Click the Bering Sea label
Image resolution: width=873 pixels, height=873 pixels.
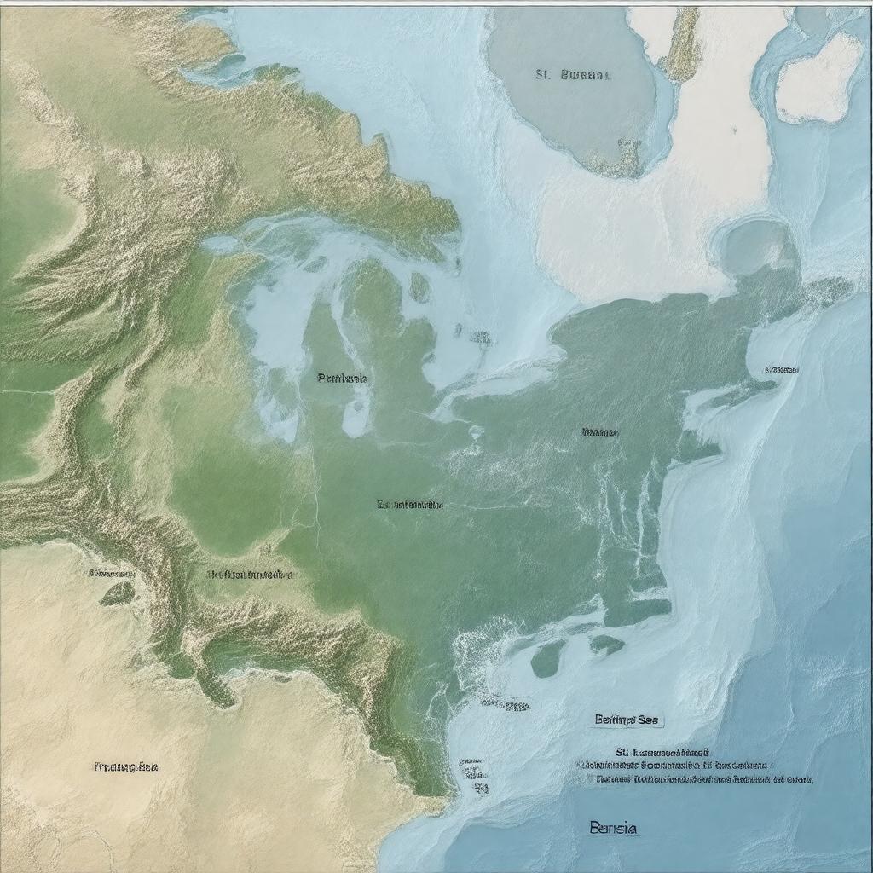(627, 720)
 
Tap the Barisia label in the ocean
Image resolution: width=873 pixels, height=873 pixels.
(612, 828)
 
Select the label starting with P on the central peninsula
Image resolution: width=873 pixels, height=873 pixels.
(342, 378)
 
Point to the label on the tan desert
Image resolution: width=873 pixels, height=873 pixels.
(125, 766)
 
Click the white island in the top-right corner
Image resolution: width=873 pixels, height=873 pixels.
(819, 79)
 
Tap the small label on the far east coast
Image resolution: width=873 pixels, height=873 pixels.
(781, 370)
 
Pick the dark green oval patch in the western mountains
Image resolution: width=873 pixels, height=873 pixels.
(117, 593)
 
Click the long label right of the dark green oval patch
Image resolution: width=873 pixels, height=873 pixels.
(250, 575)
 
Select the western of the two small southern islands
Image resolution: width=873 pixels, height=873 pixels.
(548, 657)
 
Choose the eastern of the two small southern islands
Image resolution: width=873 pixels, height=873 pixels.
(606, 645)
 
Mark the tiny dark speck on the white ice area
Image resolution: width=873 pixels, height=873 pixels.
(732, 131)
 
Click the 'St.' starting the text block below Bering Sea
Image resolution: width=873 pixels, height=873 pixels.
(621, 754)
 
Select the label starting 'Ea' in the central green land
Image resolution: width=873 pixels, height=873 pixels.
(410, 505)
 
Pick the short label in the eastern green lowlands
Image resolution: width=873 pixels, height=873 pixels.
(600, 432)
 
